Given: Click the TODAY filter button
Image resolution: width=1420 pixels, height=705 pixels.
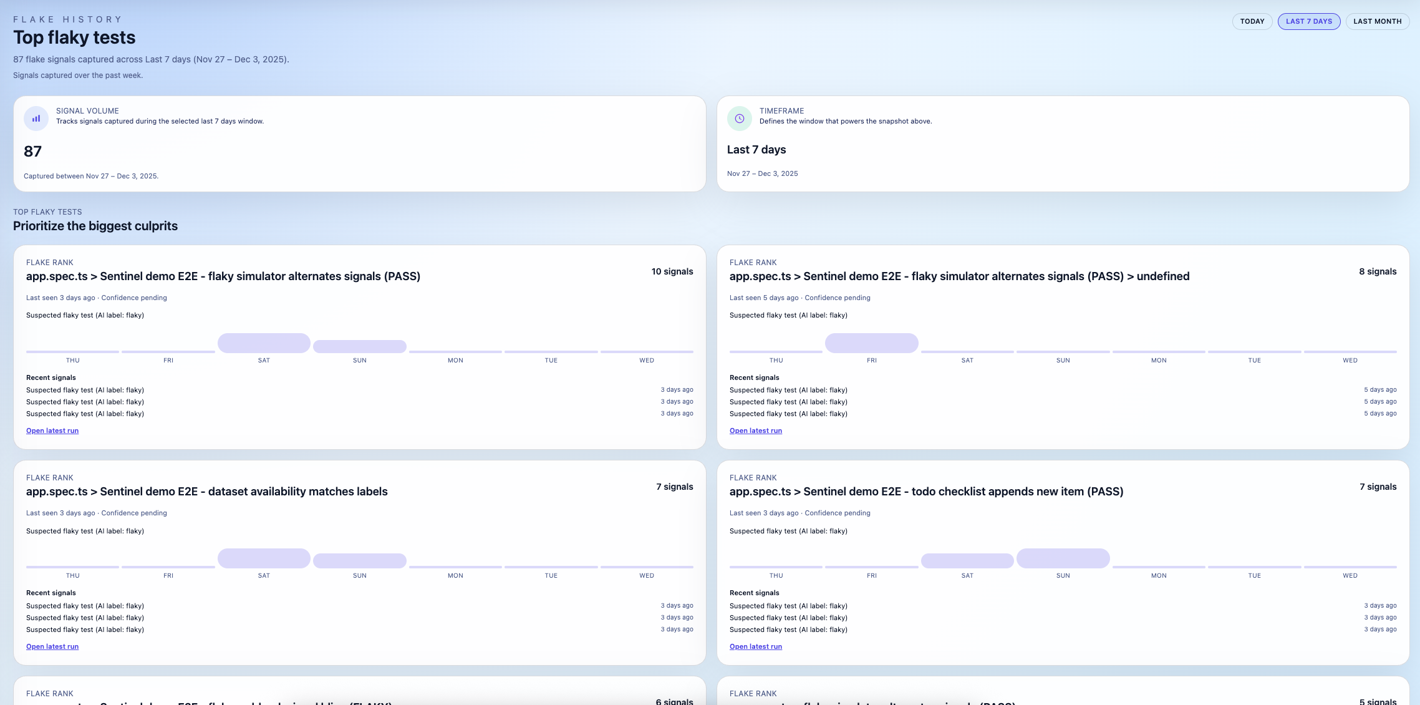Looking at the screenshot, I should click(x=1252, y=21).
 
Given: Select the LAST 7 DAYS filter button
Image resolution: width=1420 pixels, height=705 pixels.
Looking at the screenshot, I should click(x=1308, y=21).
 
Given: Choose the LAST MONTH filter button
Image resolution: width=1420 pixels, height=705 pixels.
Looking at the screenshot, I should click(x=1377, y=21).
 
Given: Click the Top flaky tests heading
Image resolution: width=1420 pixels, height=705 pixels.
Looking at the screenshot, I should click(x=74, y=37).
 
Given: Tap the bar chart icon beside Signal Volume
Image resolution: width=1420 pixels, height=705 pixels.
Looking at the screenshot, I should click(x=36, y=119).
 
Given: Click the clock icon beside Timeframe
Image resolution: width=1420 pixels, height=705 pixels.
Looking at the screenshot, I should click(x=739, y=119).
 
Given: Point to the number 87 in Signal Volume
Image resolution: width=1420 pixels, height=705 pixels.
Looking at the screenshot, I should click(x=32, y=151).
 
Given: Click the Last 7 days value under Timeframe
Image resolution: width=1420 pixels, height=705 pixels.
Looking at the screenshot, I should click(x=756, y=150).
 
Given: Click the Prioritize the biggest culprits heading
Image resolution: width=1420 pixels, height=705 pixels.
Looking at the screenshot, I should click(x=95, y=226).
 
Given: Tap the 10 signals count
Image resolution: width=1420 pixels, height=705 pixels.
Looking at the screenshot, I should click(x=672, y=271).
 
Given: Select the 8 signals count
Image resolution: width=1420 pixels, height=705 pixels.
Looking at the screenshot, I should click(x=1377, y=271).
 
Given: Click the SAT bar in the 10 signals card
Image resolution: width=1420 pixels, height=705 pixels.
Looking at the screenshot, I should click(x=264, y=343).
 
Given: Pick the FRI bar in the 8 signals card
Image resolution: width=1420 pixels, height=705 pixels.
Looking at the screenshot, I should click(x=871, y=343).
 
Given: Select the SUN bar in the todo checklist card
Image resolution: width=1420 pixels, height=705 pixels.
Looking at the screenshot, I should click(x=1063, y=558).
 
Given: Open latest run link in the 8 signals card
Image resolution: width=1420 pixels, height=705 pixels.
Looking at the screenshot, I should click(x=755, y=430).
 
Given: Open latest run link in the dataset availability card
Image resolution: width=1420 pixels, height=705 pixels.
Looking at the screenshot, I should click(x=52, y=646).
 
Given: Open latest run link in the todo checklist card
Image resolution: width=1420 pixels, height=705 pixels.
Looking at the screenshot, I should click(x=755, y=646).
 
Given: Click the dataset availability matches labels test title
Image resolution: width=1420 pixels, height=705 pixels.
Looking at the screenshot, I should click(x=206, y=492).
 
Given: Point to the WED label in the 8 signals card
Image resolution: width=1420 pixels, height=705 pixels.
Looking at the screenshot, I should click(x=1350, y=360).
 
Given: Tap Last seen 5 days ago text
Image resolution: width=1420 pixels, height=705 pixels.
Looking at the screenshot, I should click(x=763, y=298).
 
